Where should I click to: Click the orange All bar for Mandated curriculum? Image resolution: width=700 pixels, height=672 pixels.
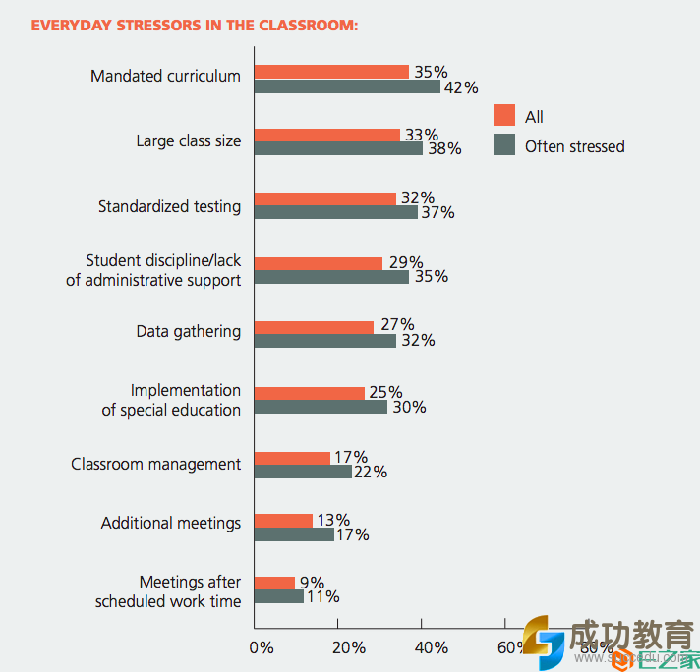coord(331,72)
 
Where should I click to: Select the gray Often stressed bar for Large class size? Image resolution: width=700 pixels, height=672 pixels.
coord(338,148)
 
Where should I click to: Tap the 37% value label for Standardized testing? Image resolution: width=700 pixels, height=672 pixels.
coord(437,213)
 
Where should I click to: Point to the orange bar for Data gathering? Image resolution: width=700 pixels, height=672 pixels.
coord(314,326)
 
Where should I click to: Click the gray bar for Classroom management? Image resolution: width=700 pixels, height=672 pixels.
coord(303,472)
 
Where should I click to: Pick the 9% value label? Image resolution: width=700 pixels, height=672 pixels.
coord(312,582)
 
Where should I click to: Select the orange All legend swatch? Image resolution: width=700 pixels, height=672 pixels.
coord(504,116)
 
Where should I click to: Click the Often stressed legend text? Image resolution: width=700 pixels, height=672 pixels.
coord(574,146)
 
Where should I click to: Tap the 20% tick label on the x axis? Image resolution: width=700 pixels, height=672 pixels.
coord(349,647)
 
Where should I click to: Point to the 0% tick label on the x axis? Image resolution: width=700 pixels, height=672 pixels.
coord(262,647)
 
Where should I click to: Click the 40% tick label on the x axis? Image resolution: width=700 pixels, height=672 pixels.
coord(432,647)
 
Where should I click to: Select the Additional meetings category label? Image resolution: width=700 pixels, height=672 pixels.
coord(170,523)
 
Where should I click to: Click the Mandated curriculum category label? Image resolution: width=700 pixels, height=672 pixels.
coord(165,76)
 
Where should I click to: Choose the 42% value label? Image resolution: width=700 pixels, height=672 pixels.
coord(461,87)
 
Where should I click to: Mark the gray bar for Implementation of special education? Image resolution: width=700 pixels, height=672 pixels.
coord(321,407)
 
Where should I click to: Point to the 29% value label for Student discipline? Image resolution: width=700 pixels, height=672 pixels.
coord(404,262)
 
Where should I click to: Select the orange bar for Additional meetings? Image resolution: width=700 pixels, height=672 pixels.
coord(283,520)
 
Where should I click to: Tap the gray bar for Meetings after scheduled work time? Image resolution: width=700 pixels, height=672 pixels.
coord(279,596)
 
